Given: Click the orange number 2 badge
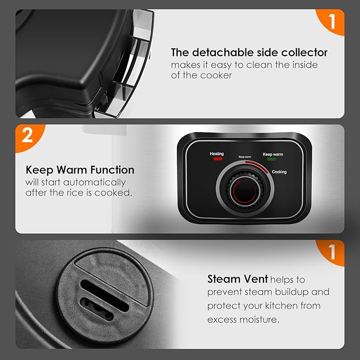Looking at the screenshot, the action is tap(28, 137).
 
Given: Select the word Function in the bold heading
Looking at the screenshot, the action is tap(112, 170).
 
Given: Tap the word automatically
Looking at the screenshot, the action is tap(94, 183).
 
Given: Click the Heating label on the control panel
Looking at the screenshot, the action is tap(216, 154).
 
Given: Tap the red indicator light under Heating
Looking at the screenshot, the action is tap(218, 159).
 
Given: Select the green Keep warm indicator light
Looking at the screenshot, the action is tap(271, 159).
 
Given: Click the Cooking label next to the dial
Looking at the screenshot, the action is tap(279, 172).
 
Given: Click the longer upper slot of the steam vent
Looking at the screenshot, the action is tap(104, 296).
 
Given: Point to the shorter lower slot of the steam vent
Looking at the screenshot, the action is tap(97, 309).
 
